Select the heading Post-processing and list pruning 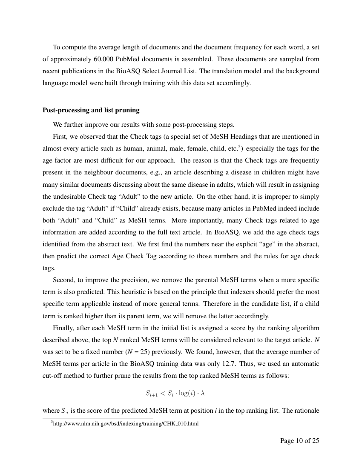91,110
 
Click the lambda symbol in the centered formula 203,393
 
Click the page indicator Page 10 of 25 299,441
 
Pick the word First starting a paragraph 60,137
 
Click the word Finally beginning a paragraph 63,328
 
